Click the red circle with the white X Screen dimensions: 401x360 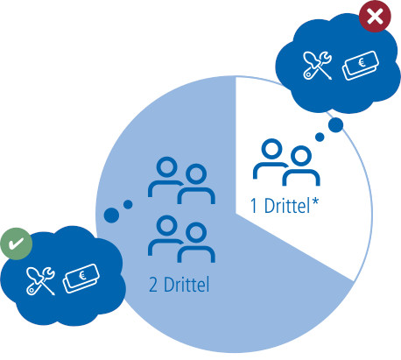click(375, 16)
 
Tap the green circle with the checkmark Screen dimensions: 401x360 click(17, 244)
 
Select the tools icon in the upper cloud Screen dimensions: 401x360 click(317, 65)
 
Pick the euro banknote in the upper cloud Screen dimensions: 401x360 click(361, 66)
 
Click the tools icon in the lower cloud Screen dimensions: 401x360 click(40, 281)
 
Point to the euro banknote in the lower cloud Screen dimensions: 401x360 click(81, 279)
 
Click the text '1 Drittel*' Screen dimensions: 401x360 click(285, 206)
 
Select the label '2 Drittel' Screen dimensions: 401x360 click(179, 285)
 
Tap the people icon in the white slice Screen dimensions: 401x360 click(286, 162)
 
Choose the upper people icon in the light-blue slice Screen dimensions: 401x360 click(181, 180)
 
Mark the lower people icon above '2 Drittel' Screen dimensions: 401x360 click(181, 239)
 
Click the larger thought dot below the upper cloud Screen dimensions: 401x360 click(335, 125)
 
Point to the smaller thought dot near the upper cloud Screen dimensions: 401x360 click(320, 137)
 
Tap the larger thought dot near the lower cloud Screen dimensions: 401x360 click(111, 215)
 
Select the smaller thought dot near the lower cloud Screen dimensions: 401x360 click(128, 204)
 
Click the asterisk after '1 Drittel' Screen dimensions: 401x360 click(315, 202)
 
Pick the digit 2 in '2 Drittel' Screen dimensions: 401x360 click(153, 285)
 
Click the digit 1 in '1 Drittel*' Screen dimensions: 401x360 click(254, 206)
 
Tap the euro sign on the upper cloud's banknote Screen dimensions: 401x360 click(362, 62)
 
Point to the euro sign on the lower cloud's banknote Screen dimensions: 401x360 click(82, 275)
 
